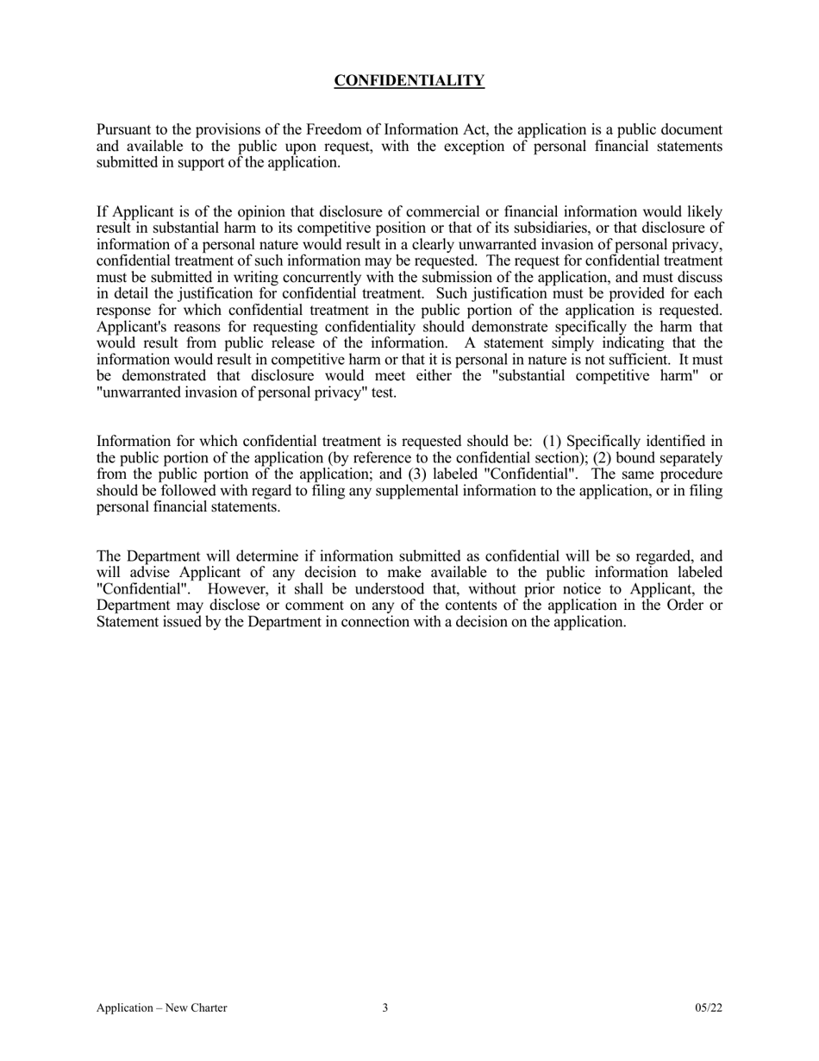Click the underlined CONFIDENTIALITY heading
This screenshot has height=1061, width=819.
pos(409,81)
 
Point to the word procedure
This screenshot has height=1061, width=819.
pos(692,474)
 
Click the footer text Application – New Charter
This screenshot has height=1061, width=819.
pos(162,1008)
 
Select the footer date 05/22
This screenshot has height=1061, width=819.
pos(709,1008)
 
